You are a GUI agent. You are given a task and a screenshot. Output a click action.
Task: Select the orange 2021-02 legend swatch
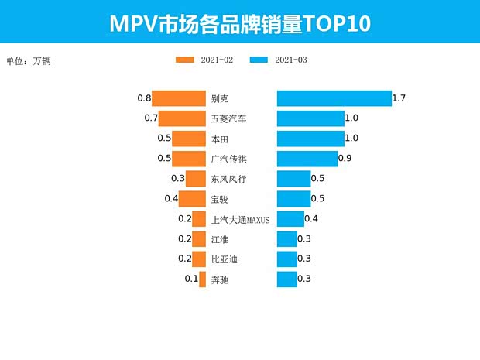tap(185, 60)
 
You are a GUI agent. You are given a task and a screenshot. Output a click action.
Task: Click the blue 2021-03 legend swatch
tap(259, 60)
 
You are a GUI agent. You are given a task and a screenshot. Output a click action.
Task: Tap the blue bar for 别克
tap(334, 98)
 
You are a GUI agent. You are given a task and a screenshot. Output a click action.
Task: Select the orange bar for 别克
tap(179, 98)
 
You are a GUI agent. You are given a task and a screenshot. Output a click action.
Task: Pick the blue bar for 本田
tap(310, 139)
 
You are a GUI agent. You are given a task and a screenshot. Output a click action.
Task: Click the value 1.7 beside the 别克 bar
tap(399, 98)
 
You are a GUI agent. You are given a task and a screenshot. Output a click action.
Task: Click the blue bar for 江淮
tap(286, 239)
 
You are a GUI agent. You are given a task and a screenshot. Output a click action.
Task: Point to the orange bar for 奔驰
tap(203, 279)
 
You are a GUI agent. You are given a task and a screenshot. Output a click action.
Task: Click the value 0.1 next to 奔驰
tap(191, 279)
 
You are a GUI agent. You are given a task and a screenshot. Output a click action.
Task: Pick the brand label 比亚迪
tap(224, 259)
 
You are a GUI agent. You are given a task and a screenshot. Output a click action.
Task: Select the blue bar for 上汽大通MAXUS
tap(290, 219)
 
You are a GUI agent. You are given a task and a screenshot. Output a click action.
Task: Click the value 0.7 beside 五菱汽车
tap(151, 118)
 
